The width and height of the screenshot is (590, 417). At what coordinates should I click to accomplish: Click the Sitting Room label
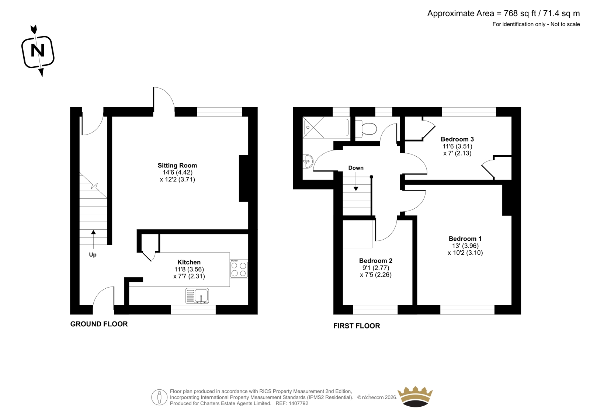pyautogui.click(x=177, y=166)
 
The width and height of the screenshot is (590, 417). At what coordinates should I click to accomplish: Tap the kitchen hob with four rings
pyautogui.click(x=239, y=269)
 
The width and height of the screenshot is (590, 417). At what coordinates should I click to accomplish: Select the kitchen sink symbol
pyautogui.click(x=197, y=296)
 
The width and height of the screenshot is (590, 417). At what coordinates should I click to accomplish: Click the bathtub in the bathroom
pyautogui.click(x=326, y=128)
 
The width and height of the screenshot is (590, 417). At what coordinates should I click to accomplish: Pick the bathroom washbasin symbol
pyautogui.click(x=308, y=161)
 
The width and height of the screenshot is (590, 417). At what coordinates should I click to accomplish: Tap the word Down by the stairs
pyautogui.click(x=356, y=168)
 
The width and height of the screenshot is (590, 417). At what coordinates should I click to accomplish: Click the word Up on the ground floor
pyautogui.click(x=93, y=255)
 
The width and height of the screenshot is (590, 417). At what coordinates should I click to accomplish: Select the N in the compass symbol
pyautogui.click(x=38, y=50)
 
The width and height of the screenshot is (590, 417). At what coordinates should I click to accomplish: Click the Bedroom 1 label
pyautogui.click(x=465, y=239)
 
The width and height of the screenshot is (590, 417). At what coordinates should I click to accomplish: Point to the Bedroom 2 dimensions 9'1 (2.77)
pyautogui.click(x=376, y=268)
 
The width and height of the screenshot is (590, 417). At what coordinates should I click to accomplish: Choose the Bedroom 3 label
pyautogui.click(x=457, y=139)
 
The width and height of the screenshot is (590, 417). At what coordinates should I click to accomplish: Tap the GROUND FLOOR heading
pyautogui.click(x=99, y=324)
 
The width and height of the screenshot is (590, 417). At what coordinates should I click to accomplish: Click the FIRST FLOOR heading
pyautogui.click(x=357, y=326)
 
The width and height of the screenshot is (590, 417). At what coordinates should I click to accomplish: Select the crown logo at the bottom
pyautogui.click(x=415, y=396)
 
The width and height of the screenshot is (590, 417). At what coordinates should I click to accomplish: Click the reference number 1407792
pyautogui.click(x=298, y=403)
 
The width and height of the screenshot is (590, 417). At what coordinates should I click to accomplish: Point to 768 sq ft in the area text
pyautogui.click(x=520, y=13)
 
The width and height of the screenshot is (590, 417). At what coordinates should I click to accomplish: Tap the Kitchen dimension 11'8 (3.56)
pyautogui.click(x=189, y=269)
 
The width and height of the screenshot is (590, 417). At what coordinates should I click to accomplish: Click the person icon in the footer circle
pyautogui.click(x=159, y=397)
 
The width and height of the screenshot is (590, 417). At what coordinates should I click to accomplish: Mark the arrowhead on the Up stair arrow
pyautogui.click(x=93, y=232)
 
